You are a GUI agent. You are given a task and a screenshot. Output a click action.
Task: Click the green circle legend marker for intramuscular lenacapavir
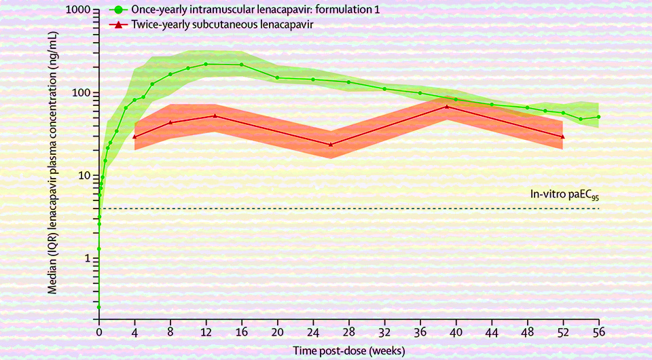(118, 10)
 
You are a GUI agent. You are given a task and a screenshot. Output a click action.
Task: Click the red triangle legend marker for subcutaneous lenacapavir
(118, 24)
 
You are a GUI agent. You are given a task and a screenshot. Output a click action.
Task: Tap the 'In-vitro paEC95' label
(564, 195)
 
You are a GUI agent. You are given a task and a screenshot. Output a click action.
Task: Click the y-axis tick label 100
(82, 93)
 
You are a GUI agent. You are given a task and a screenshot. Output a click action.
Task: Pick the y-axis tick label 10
(85, 175)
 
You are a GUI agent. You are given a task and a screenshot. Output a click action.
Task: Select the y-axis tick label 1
(88, 258)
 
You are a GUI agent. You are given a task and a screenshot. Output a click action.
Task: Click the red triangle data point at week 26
(331, 144)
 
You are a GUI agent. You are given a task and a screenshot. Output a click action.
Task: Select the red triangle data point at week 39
(446, 106)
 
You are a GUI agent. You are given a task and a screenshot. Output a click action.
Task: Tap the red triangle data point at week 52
(562, 136)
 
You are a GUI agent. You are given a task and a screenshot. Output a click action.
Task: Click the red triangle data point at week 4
(135, 137)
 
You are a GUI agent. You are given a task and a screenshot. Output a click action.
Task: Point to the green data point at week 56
(598, 117)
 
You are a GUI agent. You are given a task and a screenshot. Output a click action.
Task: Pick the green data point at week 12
(206, 64)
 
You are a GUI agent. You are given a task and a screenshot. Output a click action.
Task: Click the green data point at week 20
(277, 77)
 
